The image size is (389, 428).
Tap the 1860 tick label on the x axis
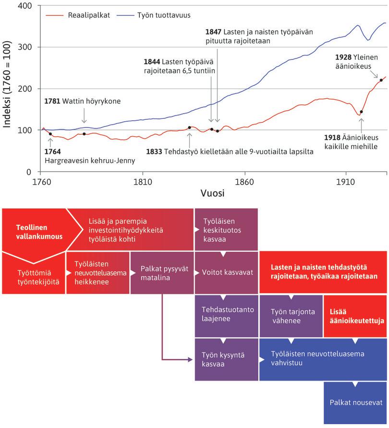point(244,182)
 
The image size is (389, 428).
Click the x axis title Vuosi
point(212,194)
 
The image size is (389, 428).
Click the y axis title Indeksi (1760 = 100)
point(8,89)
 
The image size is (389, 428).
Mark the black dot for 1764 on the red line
point(50,134)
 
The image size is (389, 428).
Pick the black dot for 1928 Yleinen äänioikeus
point(381,80)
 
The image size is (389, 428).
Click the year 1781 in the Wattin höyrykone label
point(52,102)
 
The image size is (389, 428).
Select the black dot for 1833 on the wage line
point(189,127)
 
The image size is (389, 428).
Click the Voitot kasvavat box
point(226,272)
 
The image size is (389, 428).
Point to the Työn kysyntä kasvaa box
point(226,359)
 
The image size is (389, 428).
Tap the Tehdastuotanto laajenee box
point(226,314)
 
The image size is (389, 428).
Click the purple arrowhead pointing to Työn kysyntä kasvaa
point(191,359)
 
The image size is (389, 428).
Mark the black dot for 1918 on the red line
point(361,112)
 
